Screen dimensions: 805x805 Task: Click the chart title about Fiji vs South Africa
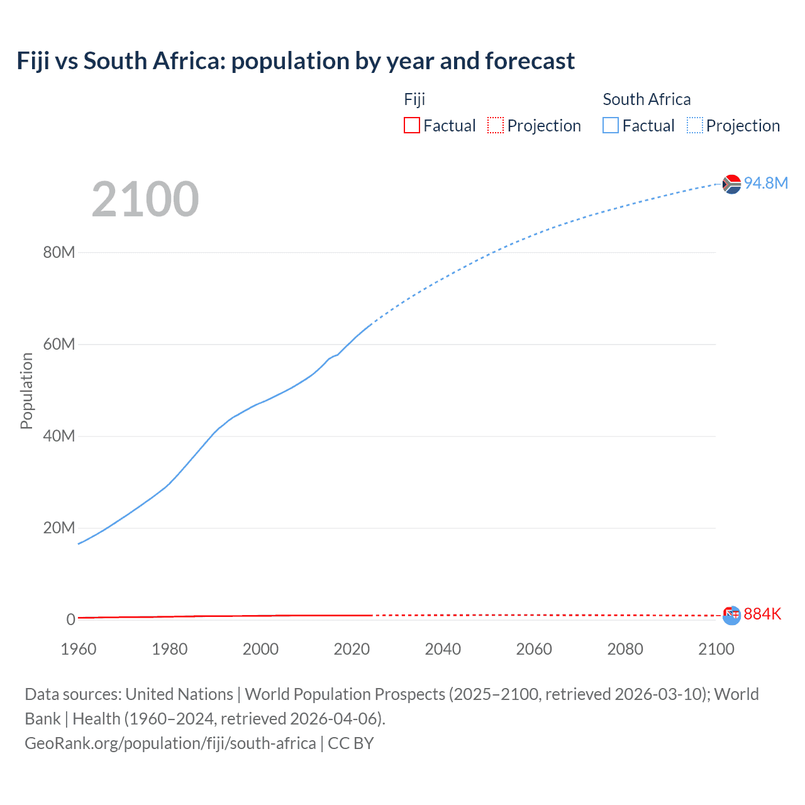296,61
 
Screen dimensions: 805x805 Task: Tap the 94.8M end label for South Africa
765,183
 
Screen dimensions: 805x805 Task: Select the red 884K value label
762,614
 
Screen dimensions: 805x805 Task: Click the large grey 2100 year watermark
145,199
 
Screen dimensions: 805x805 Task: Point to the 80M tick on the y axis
59,252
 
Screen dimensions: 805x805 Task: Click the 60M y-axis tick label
59,344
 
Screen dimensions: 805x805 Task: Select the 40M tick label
59,436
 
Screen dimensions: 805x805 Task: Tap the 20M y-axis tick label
59,528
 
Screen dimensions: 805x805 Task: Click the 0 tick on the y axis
71,619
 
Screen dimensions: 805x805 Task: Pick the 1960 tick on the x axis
79,649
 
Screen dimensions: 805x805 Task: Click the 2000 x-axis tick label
260,649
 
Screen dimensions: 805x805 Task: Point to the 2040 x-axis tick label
443,649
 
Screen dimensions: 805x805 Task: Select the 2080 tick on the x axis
625,649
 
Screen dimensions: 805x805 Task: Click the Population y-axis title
26,391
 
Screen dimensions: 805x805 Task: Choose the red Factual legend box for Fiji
412,125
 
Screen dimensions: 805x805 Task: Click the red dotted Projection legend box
496,125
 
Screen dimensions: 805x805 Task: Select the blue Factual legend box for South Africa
611,125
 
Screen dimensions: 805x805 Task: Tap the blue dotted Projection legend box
695,125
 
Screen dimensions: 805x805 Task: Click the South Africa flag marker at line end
731,184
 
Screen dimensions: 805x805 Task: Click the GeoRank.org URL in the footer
170,743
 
